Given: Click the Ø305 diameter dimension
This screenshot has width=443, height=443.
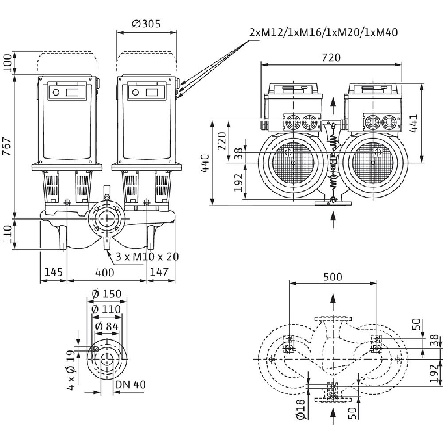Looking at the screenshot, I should [146, 24].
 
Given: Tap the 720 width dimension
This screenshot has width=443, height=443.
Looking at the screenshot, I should [331, 58].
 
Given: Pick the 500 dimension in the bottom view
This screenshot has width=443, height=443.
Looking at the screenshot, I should [332, 277].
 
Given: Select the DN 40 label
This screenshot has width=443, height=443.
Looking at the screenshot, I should [130, 384].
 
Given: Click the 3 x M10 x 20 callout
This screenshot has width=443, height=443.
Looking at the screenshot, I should [144, 256].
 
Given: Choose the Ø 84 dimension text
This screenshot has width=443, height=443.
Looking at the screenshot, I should [107, 327].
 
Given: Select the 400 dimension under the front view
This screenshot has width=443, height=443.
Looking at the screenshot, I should [105, 273].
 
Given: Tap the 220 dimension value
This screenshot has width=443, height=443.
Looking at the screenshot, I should [223, 141].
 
